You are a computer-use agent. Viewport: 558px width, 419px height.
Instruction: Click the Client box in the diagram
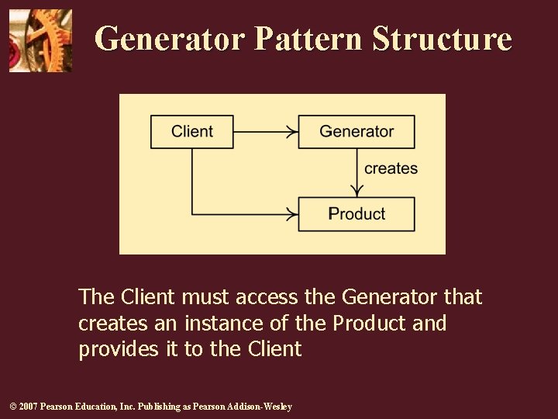pos(192,131)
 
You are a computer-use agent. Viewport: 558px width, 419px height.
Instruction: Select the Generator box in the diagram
pos(356,131)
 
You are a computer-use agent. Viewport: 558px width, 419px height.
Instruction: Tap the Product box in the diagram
pos(356,214)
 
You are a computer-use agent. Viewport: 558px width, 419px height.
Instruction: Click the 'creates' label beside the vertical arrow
pos(391,168)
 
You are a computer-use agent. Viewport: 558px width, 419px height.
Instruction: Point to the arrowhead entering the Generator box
pos(292,131)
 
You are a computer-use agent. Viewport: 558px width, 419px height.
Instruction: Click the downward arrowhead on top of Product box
pos(356,191)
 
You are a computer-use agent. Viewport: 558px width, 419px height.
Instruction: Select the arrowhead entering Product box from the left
pos(292,214)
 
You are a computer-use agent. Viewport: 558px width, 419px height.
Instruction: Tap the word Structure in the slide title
pos(442,39)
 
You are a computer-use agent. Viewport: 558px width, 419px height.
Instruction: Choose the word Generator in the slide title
pos(170,39)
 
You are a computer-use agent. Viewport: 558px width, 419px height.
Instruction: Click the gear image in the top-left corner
pos(40,40)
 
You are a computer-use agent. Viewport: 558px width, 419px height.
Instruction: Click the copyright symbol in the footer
pos(12,407)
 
